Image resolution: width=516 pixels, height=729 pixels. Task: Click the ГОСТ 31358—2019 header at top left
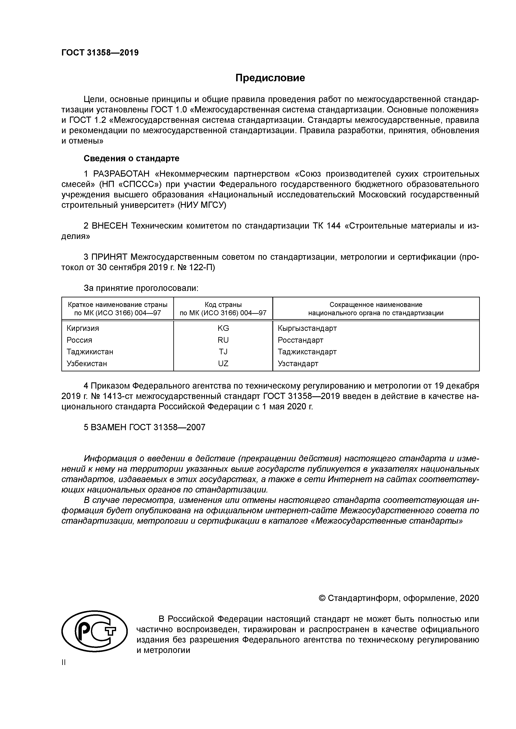(x=100, y=53)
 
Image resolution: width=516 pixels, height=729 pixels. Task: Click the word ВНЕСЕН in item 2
(x=109, y=226)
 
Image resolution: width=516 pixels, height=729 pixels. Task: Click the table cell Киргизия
(x=83, y=328)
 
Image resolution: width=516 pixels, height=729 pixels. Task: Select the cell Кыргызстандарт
(x=307, y=328)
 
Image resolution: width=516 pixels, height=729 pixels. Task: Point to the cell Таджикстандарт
(x=307, y=352)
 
